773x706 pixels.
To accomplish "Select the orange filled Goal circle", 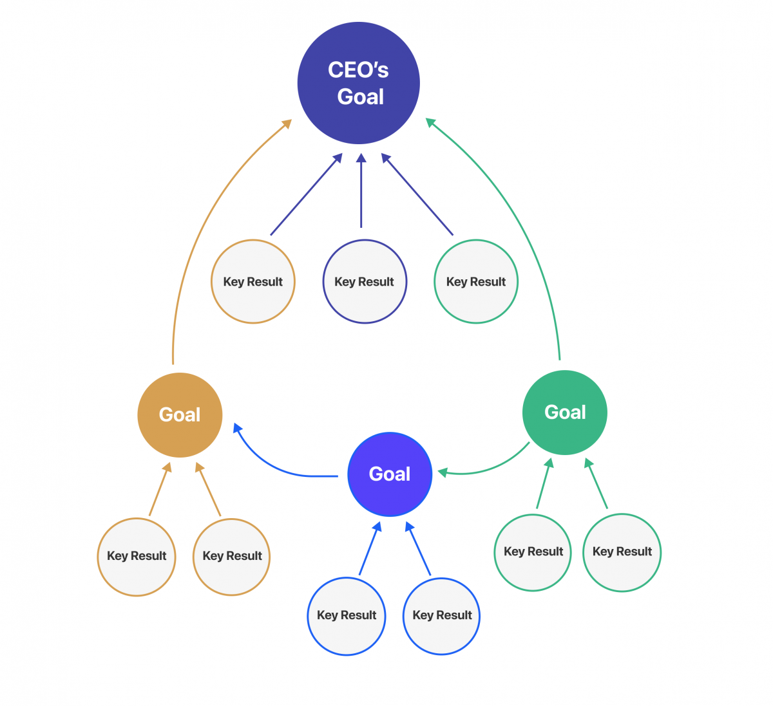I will tap(180, 415).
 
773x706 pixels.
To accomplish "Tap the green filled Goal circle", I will tap(565, 413).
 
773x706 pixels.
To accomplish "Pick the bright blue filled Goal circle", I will tap(389, 474).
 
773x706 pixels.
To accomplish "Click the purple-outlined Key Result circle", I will tap(365, 282).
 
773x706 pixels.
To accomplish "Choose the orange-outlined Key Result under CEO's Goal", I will tap(253, 282).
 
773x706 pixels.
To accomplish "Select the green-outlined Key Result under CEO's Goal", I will tap(476, 282).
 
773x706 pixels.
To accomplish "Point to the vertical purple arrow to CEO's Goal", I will tap(361, 193).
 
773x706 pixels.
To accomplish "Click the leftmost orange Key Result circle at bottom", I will tap(137, 557).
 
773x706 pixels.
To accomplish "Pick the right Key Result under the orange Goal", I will tap(232, 557).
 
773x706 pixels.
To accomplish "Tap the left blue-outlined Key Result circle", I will tap(347, 616).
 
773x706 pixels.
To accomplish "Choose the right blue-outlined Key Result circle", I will tap(442, 616).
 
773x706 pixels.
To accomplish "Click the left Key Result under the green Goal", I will tap(533, 552).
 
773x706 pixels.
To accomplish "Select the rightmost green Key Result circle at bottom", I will tap(622, 552).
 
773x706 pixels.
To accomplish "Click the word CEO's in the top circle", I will tap(358, 70).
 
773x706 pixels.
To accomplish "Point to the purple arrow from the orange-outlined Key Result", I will tap(305, 195).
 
